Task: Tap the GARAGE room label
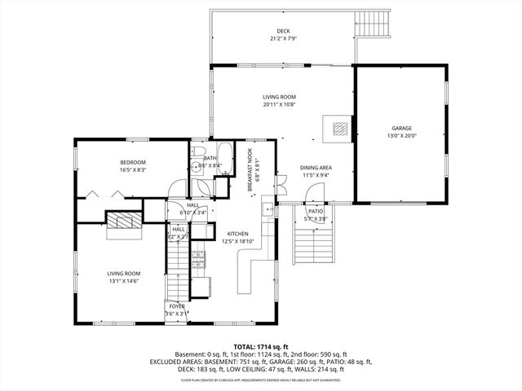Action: [400, 128]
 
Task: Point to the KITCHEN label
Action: [237, 233]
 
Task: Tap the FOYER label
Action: [176, 306]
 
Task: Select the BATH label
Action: [210, 158]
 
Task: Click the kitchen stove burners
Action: [197, 259]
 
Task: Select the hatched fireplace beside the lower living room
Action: [124, 222]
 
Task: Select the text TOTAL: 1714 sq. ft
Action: [261, 345]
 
